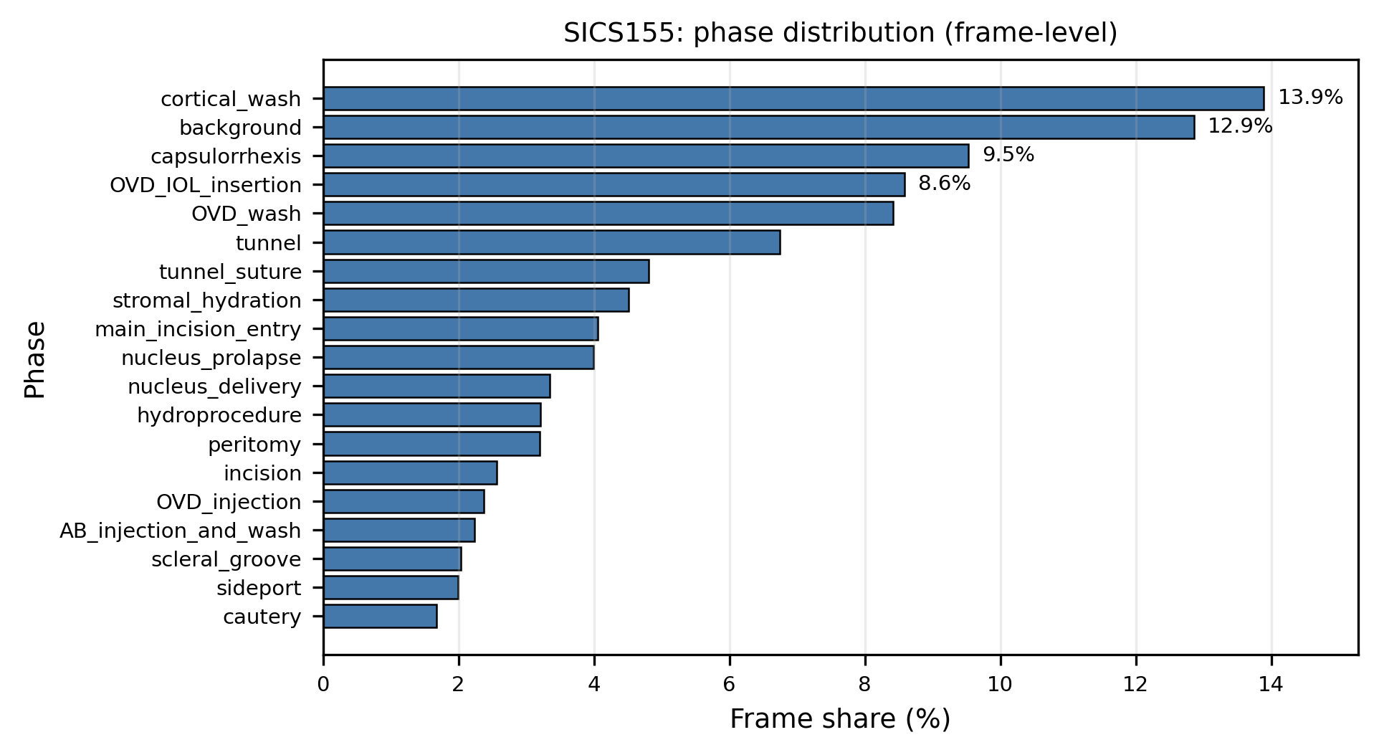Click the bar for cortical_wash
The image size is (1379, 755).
793,99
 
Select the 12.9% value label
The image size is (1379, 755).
1240,127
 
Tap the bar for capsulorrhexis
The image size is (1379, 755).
646,156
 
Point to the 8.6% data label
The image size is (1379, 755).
944,184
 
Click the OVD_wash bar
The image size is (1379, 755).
608,214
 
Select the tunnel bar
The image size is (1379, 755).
551,243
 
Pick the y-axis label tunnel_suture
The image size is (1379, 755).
230,272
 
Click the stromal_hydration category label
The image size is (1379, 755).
206,301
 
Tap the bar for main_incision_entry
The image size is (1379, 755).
460,329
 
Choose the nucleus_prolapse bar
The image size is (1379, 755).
458,358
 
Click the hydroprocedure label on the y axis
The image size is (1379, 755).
219,416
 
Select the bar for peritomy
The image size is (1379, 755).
431,445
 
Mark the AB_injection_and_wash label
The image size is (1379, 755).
180,531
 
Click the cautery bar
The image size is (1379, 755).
380,617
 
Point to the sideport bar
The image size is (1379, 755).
391,588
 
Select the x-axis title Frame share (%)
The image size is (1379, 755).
839,719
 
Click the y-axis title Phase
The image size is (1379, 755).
35,359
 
